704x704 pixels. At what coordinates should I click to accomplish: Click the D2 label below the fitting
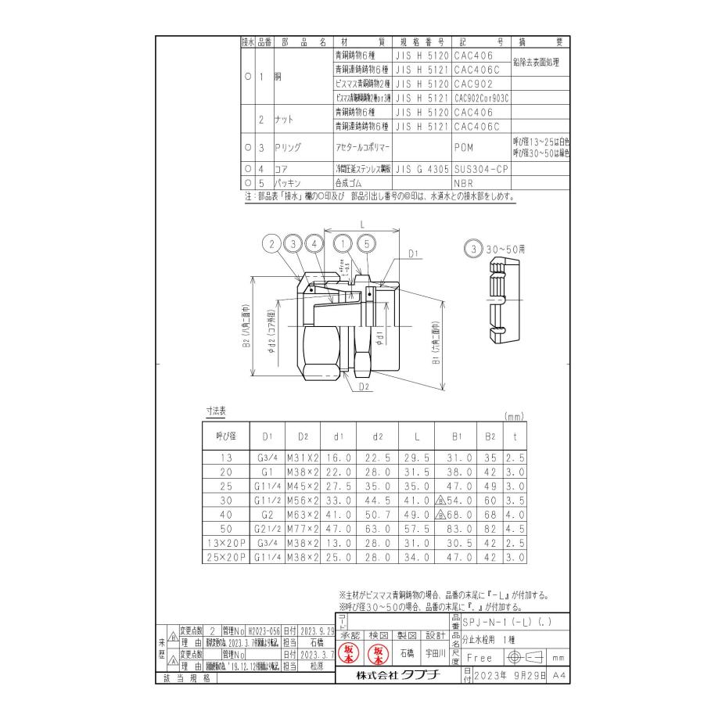coord(365,386)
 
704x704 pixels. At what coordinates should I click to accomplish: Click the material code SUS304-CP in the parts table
coord(480,167)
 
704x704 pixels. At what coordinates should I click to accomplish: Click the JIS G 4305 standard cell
coord(422,167)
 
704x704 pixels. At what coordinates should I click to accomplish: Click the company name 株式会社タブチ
coord(397,674)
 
